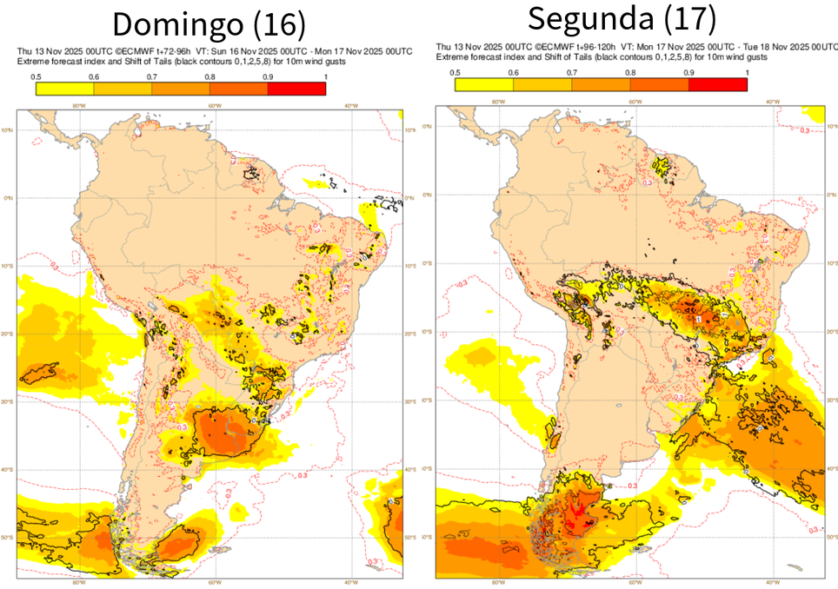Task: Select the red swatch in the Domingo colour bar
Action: pos(296,89)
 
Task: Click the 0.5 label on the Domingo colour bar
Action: pos(37,78)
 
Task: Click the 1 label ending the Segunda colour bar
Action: pos(747,72)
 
